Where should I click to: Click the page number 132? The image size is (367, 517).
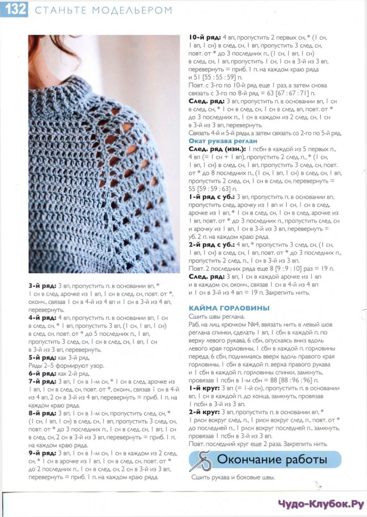coord(14,9)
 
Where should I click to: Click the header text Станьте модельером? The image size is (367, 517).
coord(103,10)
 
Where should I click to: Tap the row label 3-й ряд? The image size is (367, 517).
coord(42,286)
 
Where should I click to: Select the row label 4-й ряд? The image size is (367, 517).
coord(42,318)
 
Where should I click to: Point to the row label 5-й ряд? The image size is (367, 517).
coord(42,358)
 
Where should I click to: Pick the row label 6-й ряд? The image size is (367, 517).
coord(42,374)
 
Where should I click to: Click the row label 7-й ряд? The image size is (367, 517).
coord(42,382)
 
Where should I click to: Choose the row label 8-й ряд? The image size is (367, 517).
coord(42,414)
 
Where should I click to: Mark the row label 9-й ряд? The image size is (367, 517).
coord(42,454)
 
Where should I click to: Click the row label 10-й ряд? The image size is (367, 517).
coord(204,37)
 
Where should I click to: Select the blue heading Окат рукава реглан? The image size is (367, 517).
coord(223,141)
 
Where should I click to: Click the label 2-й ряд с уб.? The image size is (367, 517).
coord(210,245)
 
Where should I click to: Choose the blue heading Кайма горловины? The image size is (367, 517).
coord(229,308)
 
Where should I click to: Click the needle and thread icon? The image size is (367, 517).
coord(201,460)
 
